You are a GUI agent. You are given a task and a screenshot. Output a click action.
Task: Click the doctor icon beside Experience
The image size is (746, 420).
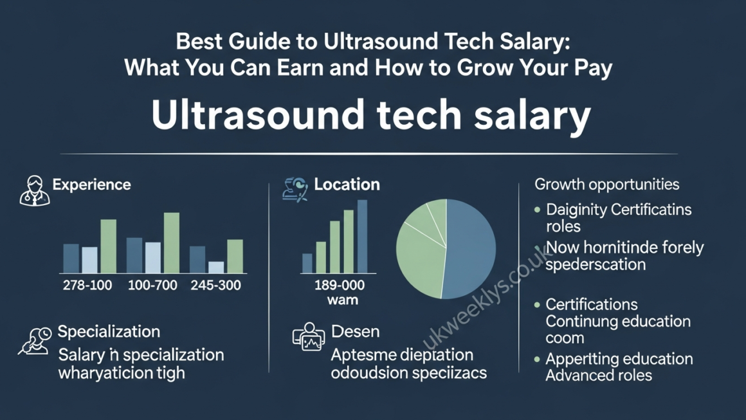point(34,190)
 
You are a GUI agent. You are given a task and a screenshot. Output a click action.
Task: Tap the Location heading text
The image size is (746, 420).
point(347,185)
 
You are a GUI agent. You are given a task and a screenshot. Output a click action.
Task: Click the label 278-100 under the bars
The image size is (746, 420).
point(87,285)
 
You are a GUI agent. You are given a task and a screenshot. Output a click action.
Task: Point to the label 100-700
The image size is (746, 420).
point(152,285)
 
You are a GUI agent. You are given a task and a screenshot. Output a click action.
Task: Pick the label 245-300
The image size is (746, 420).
point(216,285)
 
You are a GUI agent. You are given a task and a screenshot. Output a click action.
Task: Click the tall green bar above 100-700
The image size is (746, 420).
point(172,242)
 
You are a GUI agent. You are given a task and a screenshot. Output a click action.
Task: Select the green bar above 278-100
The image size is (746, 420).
point(109,246)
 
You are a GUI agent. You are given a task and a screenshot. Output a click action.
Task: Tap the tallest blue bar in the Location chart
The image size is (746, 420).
point(362,236)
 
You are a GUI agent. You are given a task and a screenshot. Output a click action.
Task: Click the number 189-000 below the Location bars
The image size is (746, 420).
point(340,285)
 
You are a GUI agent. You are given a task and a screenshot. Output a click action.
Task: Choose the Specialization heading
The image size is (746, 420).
point(109,332)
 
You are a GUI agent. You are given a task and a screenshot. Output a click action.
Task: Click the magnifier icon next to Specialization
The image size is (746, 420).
point(35,341)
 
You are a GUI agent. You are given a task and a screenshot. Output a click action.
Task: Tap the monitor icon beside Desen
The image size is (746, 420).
point(308,337)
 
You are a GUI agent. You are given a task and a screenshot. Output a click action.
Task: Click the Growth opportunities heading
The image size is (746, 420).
point(606,185)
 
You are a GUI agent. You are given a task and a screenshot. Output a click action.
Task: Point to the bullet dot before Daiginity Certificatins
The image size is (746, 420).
point(538,210)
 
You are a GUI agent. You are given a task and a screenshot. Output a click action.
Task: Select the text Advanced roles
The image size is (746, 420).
point(598,376)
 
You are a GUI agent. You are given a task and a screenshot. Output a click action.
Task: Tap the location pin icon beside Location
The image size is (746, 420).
point(295,189)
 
